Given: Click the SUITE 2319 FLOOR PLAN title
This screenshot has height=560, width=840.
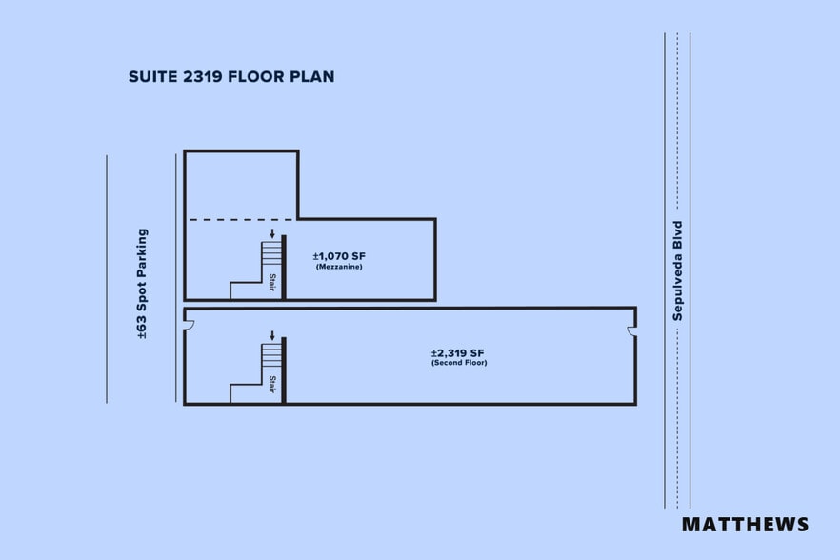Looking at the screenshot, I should pyautogui.click(x=231, y=76).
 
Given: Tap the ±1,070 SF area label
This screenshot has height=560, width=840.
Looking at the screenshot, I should pyautogui.click(x=339, y=256).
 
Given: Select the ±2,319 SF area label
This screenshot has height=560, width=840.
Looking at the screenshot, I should pyautogui.click(x=458, y=352).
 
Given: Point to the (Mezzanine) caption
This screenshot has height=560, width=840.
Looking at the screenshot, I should pyautogui.click(x=339, y=267).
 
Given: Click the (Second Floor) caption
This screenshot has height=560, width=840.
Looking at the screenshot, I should pyautogui.click(x=458, y=363).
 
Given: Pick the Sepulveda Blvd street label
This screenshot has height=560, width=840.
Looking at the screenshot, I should pyautogui.click(x=678, y=270).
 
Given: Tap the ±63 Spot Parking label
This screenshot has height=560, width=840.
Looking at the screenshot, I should pyautogui.click(x=143, y=284).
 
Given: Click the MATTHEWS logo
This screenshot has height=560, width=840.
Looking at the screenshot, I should pyautogui.click(x=745, y=525).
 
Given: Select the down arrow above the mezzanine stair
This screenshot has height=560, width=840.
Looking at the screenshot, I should pyautogui.click(x=272, y=233).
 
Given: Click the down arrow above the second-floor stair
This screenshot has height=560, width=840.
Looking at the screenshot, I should pyautogui.click(x=272, y=336).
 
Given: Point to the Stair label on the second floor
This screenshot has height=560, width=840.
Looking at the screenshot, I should pyautogui.click(x=272, y=384).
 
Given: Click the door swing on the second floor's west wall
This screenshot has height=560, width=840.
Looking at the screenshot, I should pyautogui.click(x=189, y=326).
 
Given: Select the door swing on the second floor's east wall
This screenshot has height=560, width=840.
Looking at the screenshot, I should pyautogui.click(x=630, y=331).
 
